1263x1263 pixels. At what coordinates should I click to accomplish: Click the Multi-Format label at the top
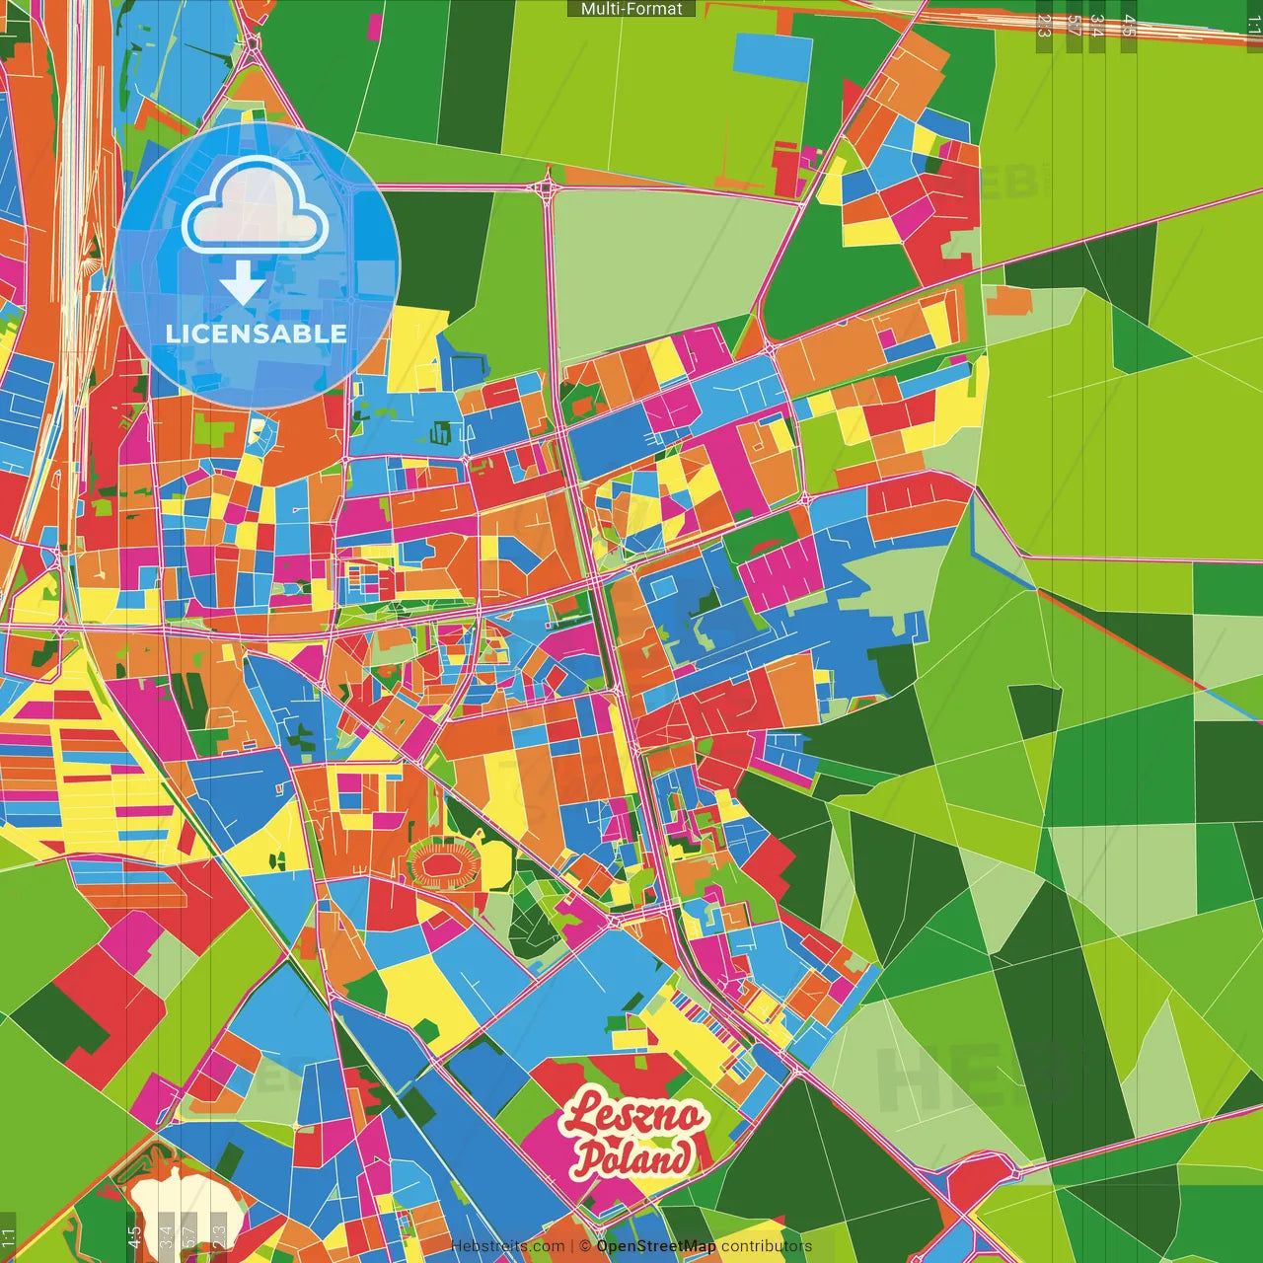coord(631,9)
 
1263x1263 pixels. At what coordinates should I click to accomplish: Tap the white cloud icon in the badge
coord(256,205)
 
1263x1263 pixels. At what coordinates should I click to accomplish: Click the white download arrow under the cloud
coord(242,283)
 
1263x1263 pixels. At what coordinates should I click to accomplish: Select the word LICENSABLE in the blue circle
coord(257,334)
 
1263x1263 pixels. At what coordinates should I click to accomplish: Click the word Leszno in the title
coord(632,1116)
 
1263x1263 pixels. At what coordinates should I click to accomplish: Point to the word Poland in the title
coord(632,1157)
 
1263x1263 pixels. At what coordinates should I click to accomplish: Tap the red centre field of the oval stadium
coord(444,864)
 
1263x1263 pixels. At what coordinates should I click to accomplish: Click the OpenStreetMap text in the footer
coord(655,1246)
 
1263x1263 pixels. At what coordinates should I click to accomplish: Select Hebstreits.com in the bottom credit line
coord(507,1246)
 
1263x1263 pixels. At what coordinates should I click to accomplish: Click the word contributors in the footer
coord(767,1246)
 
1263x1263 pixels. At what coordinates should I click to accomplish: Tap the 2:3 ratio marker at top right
coord(1044,26)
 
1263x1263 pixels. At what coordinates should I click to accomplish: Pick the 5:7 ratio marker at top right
coord(1074,26)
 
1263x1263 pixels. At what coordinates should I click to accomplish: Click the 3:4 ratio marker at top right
coord(1096,26)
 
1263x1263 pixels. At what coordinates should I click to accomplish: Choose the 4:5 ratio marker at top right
coord(1129,26)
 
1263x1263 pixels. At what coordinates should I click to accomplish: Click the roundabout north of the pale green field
coord(547,186)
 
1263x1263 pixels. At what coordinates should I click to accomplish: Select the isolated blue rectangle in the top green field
coord(773,57)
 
